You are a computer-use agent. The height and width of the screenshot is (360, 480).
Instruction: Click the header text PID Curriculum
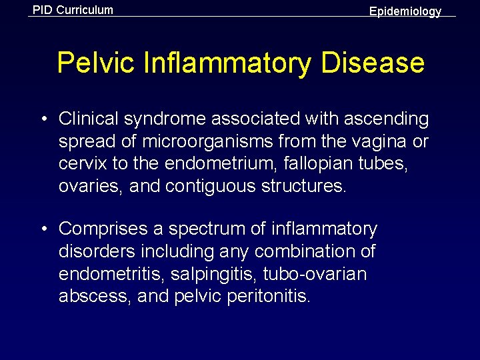tap(73, 10)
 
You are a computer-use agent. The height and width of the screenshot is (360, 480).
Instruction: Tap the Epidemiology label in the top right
tap(405, 11)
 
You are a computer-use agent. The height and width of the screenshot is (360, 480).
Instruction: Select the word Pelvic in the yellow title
tap(93, 63)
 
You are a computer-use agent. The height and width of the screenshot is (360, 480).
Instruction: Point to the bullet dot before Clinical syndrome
tap(43, 119)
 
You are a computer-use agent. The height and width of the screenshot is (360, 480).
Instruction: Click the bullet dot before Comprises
tap(43, 229)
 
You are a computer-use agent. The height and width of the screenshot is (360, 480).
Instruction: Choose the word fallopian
tap(295, 165)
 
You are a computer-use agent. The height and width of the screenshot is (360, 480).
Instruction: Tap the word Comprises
tap(104, 229)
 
